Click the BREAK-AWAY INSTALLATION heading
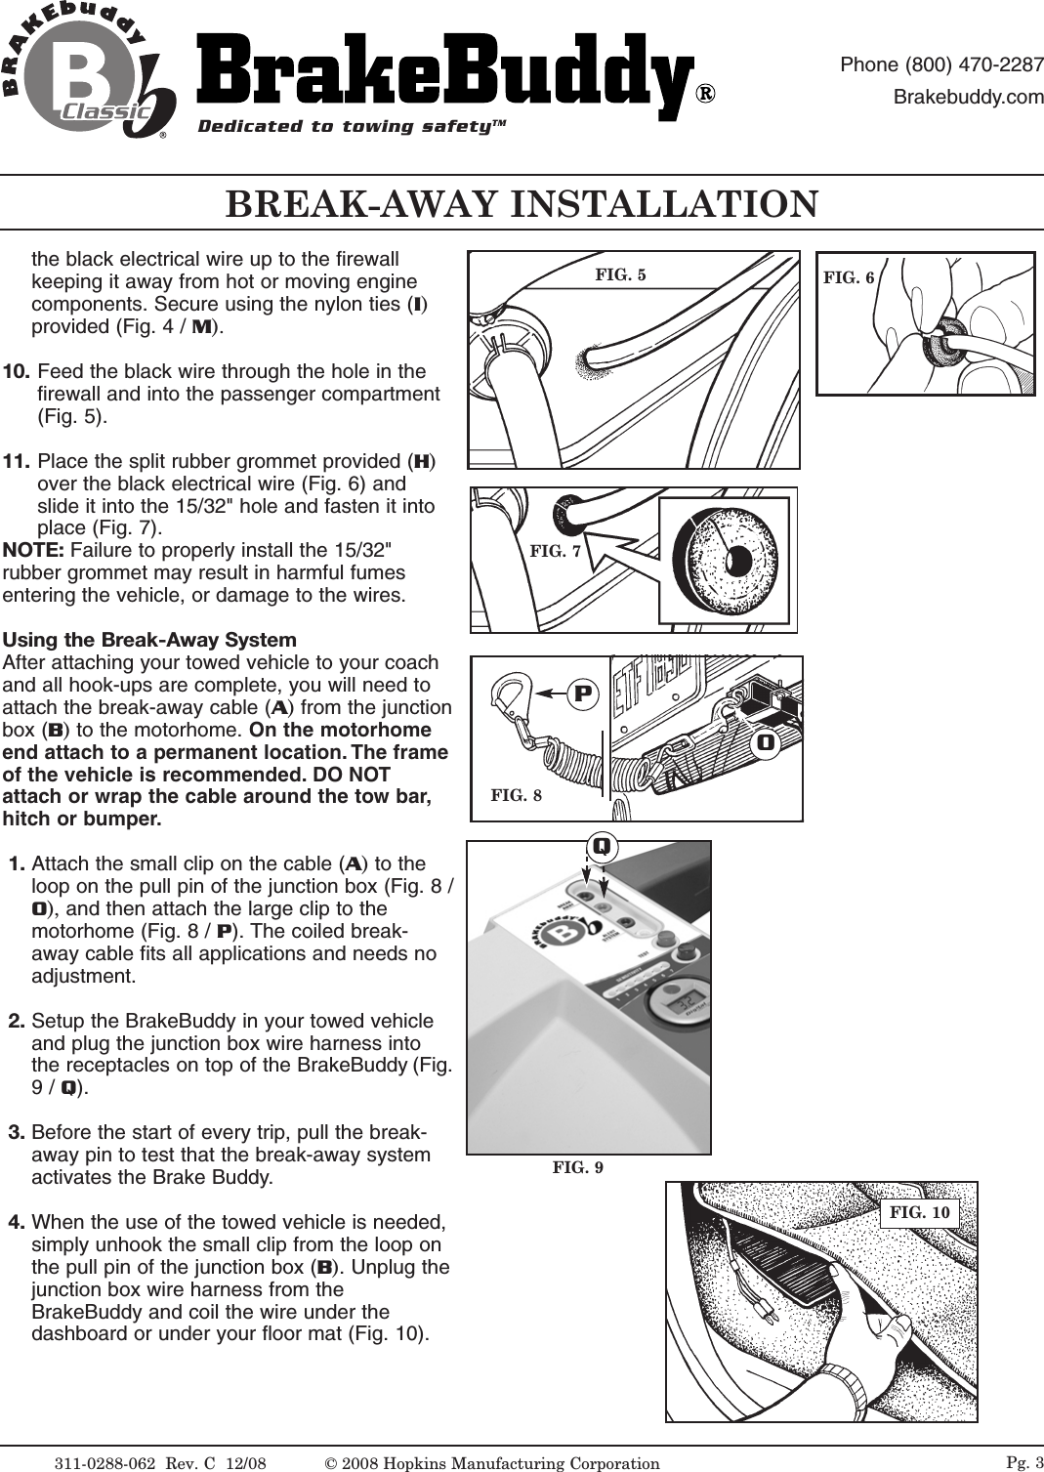tap(522, 203)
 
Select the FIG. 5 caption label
tap(620, 274)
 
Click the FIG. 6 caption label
tap(849, 277)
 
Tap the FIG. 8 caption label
tap(516, 795)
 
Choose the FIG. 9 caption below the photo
tap(578, 1166)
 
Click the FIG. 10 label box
tap(920, 1212)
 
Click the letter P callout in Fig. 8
tap(584, 694)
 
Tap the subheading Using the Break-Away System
tap(150, 641)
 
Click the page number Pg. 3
tap(1024, 1460)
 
